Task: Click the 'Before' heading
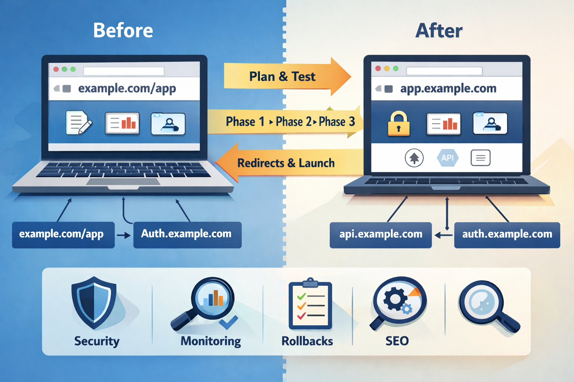(123, 30)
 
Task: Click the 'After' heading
(439, 31)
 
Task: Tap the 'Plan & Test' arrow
(283, 76)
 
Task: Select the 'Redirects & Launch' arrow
(286, 163)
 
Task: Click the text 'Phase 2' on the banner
(293, 122)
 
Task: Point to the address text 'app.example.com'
(448, 88)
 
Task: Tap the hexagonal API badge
(447, 158)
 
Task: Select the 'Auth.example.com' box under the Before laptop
(187, 235)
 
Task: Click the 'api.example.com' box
(380, 235)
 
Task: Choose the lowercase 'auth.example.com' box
(507, 235)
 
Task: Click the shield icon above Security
(94, 302)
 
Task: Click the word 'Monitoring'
(211, 341)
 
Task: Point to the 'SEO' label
(397, 341)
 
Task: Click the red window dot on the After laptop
(378, 69)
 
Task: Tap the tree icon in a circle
(414, 158)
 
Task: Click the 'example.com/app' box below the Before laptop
(63, 235)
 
